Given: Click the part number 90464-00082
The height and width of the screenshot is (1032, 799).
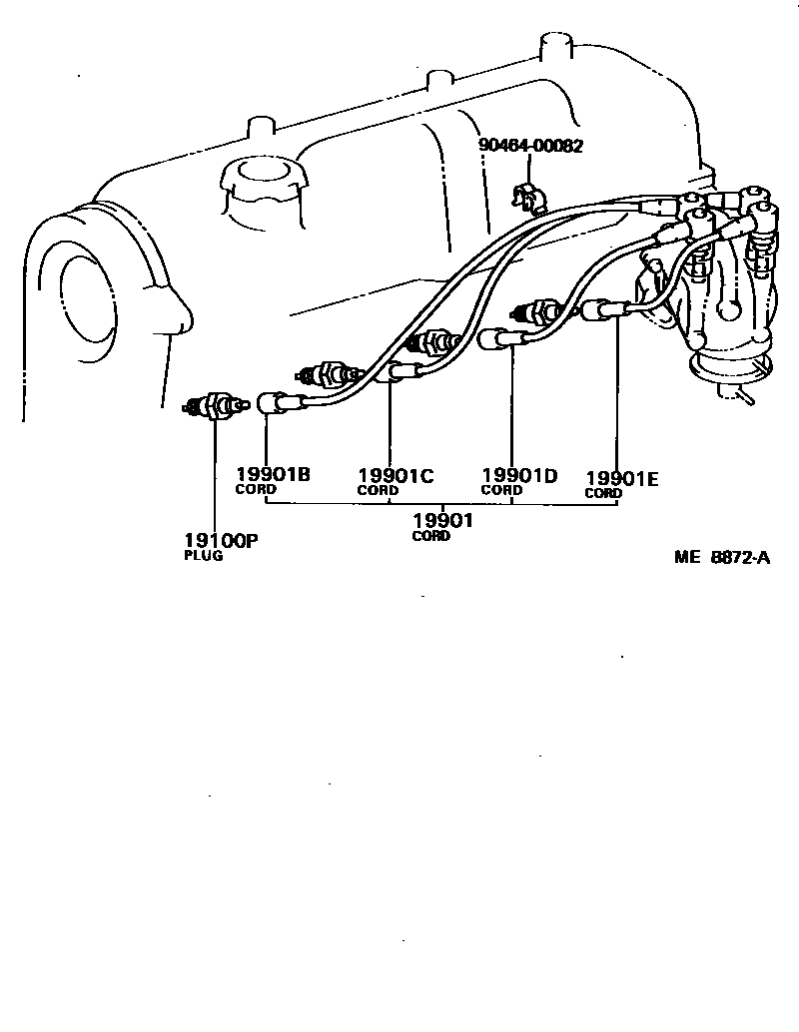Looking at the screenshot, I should pyautogui.click(x=530, y=146).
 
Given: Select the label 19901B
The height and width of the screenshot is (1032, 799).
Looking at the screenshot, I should pyautogui.click(x=273, y=474).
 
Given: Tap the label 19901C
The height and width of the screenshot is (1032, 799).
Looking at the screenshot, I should pyautogui.click(x=396, y=476).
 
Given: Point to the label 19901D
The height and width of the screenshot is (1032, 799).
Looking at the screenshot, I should pyautogui.click(x=518, y=475).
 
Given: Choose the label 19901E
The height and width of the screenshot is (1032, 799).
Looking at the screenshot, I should pyautogui.click(x=621, y=478).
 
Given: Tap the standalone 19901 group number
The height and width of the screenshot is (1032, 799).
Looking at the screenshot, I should pyautogui.click(x=442, y=520).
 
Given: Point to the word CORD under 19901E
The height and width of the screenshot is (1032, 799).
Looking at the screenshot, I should pyautogui.click(x=603, y=493).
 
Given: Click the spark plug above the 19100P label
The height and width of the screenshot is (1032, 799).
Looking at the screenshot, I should pyautogui.click(x=213, y=406).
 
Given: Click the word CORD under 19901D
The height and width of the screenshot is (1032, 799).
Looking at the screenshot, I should pyautogui.click(x=500, y=490).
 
